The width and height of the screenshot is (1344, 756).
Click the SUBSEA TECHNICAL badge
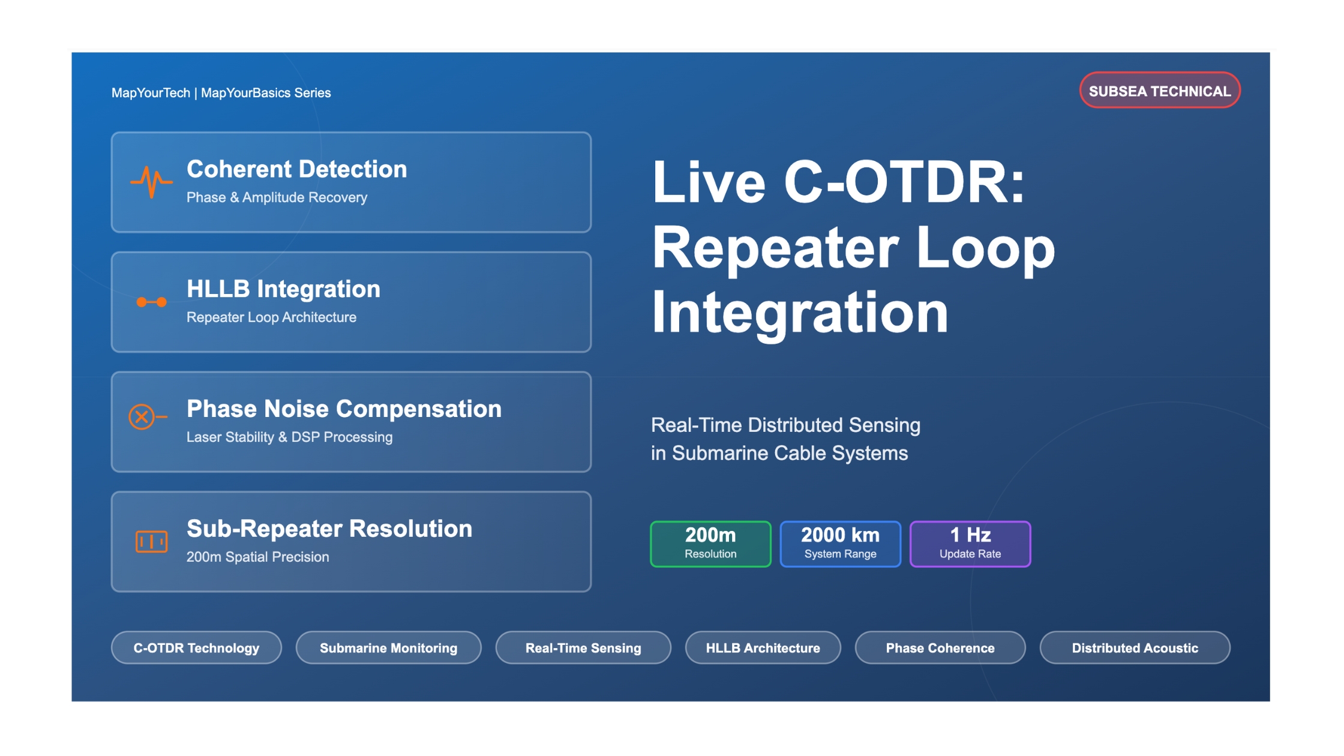pyautogui.click(x=1160, y=91)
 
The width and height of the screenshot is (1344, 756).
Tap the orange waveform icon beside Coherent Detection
pyautogui.click(x=151, y=181)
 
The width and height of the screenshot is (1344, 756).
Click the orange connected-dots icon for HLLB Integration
pyautogui.click(x=151, y=302)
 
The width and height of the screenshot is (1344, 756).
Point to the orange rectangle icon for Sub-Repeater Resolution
pyautogui.click(x=151, y=541)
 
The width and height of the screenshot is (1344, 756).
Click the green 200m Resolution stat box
pyautogui.click(x=710, y=544)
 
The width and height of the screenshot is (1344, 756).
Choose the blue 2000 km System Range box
pyautogui.click(x=840, y=544)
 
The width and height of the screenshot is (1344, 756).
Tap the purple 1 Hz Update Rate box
pyautogui.click(x=970, y=544)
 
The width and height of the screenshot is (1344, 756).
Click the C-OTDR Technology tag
pyautogui.click(x=196, y=648)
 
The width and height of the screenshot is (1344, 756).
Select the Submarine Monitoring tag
pyautogui.click(x=388, y=648)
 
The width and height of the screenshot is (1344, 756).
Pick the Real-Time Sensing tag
pyautogui.click(x=583, y=648)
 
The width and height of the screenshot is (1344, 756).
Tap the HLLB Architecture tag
pyautogui.click(x=763, y=648)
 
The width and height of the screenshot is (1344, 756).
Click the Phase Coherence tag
pyautogui.click(x=940, y=648)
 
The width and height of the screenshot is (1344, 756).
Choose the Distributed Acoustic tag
pyautogui.click(x=1135, y=648)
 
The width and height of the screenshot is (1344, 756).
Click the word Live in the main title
pyautogui.click(x=709, y=183)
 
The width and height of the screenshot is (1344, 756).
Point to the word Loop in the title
pyautogui.click(x=986, y=248)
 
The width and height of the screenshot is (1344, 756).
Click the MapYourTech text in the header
pyautogui.click(x=151, y=93)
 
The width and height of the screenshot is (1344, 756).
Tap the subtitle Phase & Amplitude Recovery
pyautogui.click(x=277, y=197)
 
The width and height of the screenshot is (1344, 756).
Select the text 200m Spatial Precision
pyautogui.click(x=257, y=557)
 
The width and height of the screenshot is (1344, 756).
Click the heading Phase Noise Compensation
pyautogui.click(x=344, y=409)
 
